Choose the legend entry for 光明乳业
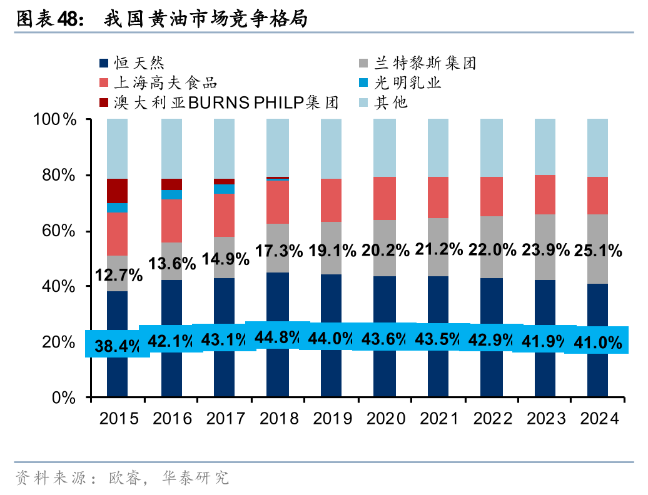tap(407, 82)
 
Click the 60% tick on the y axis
tap(59, 231)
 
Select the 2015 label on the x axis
tap(119, 418)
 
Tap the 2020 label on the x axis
tap(385, 418)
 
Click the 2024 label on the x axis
tap(599, 418)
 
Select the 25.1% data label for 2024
tap(599, 251)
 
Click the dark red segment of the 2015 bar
tap(118, 191)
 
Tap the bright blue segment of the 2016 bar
tap(171, 194)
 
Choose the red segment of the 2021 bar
tap(438, 197)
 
